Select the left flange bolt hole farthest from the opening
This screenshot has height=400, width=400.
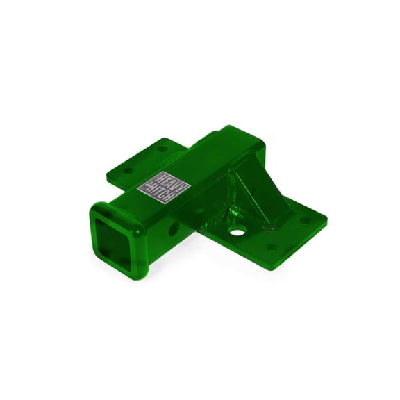pyautogui.click(x=162, y=149)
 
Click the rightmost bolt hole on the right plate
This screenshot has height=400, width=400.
pyautogui.click(x=303, y=222)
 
